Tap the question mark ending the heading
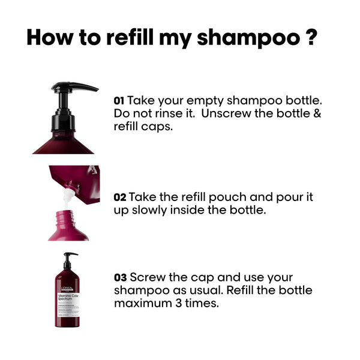point(310,37)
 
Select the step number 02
point(119,197)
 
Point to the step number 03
point(120,278)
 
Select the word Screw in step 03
point(146,278)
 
